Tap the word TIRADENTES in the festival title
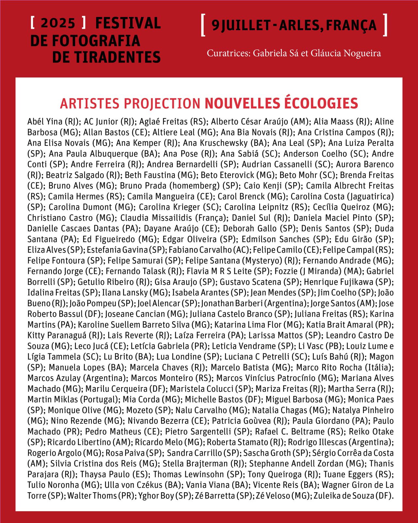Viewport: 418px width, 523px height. point(106,57)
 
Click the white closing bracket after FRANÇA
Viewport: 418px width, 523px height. point(385,25)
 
